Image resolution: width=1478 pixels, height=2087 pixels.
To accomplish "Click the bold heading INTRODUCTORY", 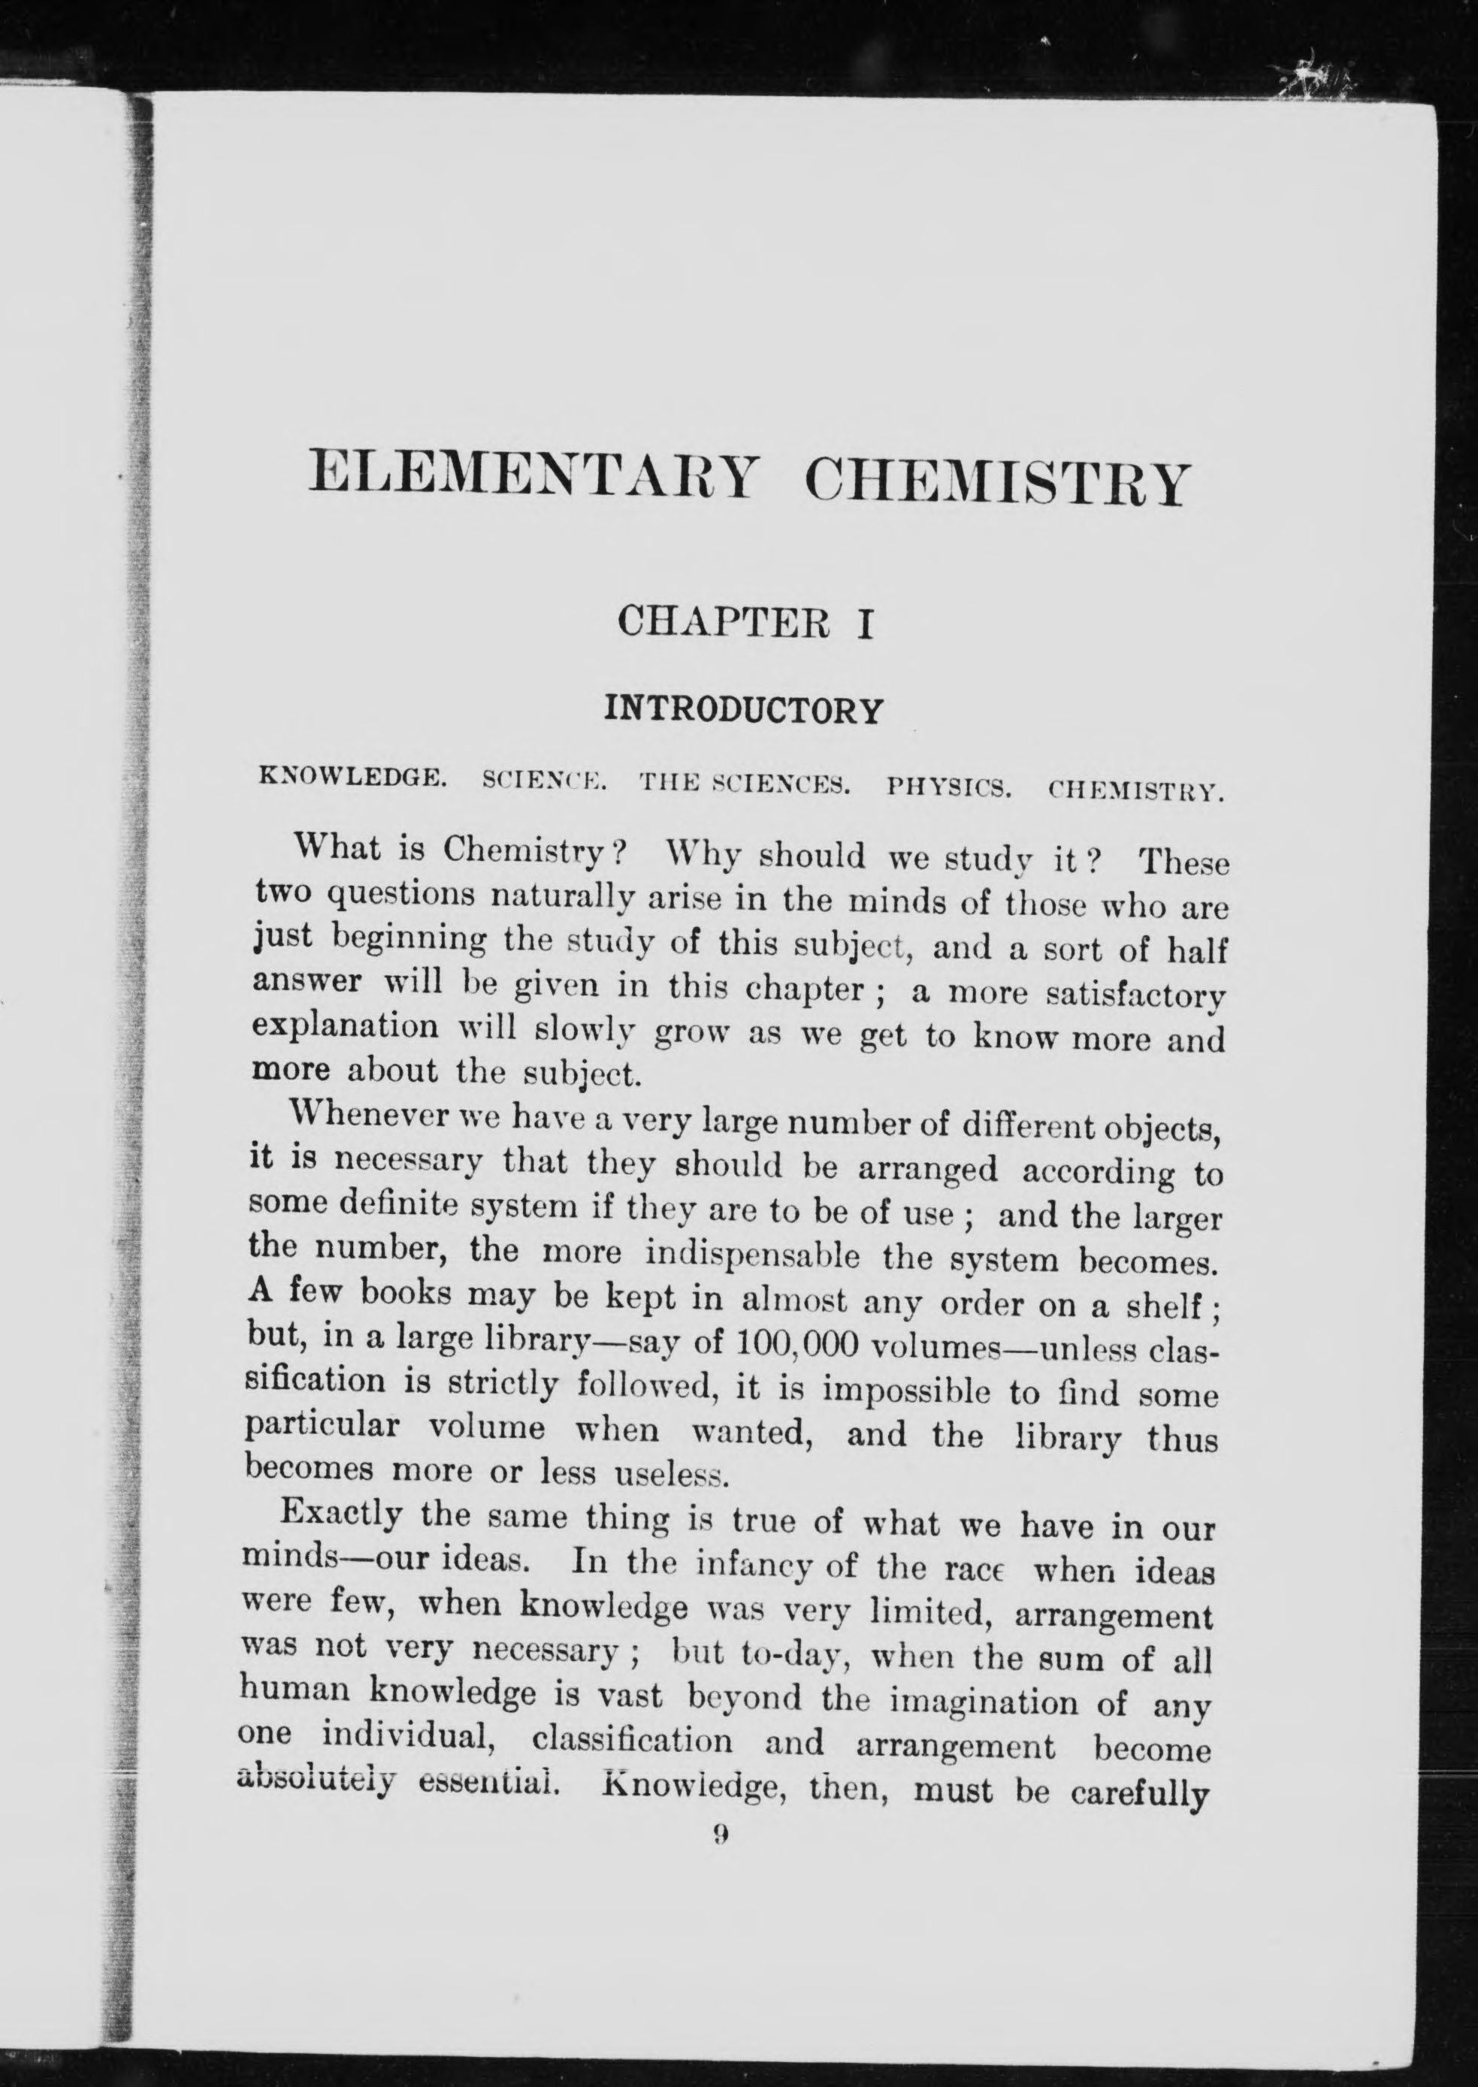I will click(x=744, y=710).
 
